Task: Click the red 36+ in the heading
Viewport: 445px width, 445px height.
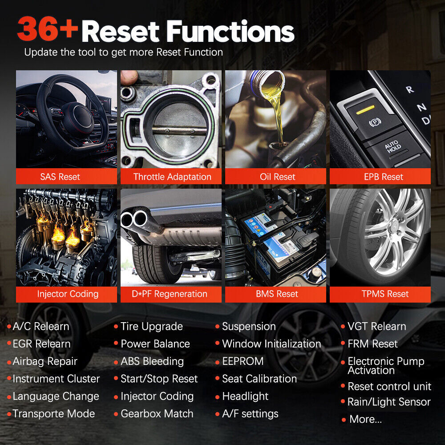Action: (x=48, y=28)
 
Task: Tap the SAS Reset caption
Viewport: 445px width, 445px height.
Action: (x=60, y=177)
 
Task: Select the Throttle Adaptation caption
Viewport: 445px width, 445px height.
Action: (x=172, y=177)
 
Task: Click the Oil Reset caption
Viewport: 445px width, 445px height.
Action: (x=278, y=177)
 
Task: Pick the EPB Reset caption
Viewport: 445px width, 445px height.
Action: (x=384, y=177)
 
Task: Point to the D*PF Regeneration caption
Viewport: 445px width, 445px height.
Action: (x=170, y=294)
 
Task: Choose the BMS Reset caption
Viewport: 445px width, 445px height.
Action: (x=277, y=294)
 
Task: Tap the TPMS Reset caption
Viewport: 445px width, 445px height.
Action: (x=385, y=294)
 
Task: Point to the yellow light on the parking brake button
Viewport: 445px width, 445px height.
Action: (x=365, y=109)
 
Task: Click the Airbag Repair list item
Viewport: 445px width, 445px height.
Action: (x=45, y=361)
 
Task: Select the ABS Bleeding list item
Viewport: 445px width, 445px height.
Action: (x=152, y=361)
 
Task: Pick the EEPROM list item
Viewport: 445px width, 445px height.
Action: (x=243, y=361)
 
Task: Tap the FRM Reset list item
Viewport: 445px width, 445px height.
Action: (x=372, y=344)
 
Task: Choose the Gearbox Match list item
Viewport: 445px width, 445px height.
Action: (x=157, y=414)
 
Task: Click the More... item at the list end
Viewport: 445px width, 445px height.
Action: (x=365, y=419)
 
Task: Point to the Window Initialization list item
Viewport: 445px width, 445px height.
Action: (x=271, y=344)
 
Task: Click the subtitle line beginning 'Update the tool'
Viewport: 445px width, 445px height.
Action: (x=123, y=52)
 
